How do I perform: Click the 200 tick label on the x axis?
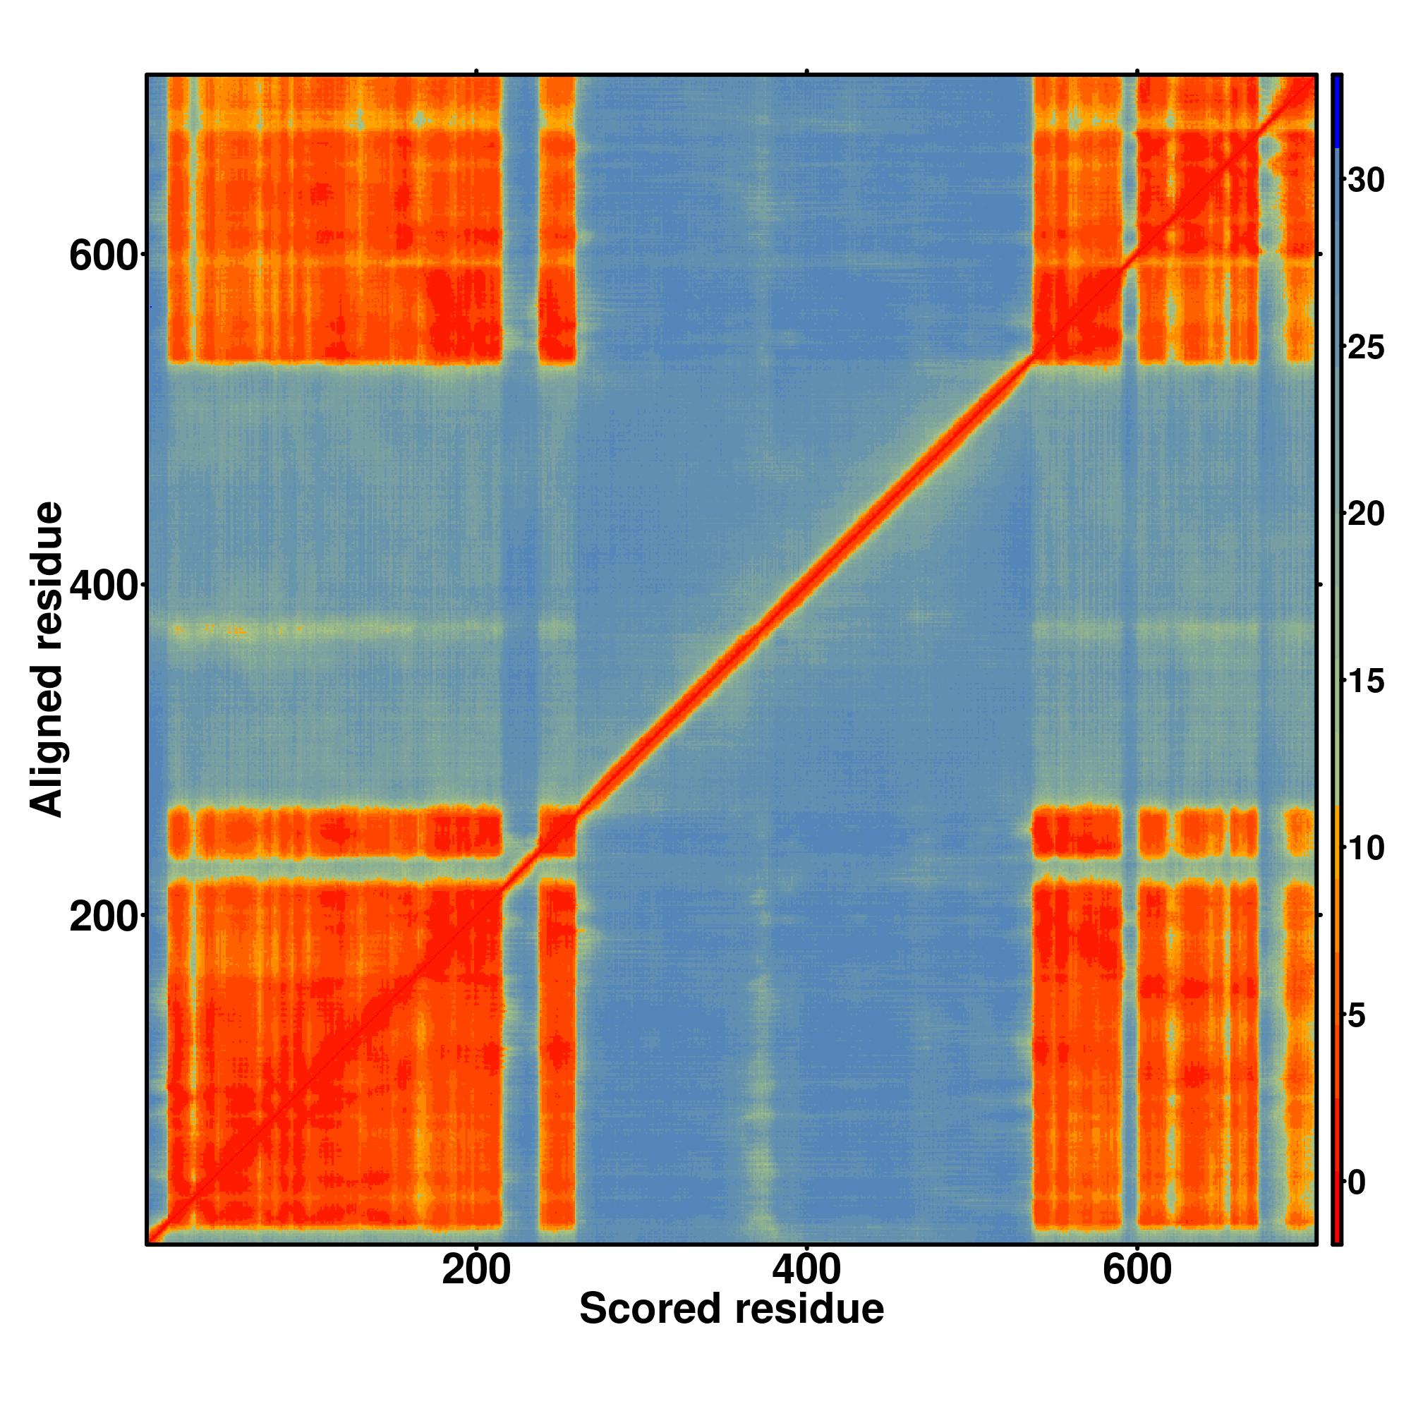(476, 1271)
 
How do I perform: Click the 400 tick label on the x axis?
(806, 1271)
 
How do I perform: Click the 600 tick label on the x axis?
(1137, 1271)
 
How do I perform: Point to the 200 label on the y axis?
(103, 916)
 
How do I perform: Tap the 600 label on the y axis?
(103, 256)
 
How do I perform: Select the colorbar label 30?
(1366, 180)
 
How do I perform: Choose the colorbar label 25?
(1366, 347)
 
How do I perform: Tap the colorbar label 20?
(1366, 514)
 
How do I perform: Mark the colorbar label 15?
(1366, 682)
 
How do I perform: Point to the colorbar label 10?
(1366, 849)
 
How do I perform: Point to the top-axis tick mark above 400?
(806, 71)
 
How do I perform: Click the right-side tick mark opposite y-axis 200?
(1321, 915)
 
